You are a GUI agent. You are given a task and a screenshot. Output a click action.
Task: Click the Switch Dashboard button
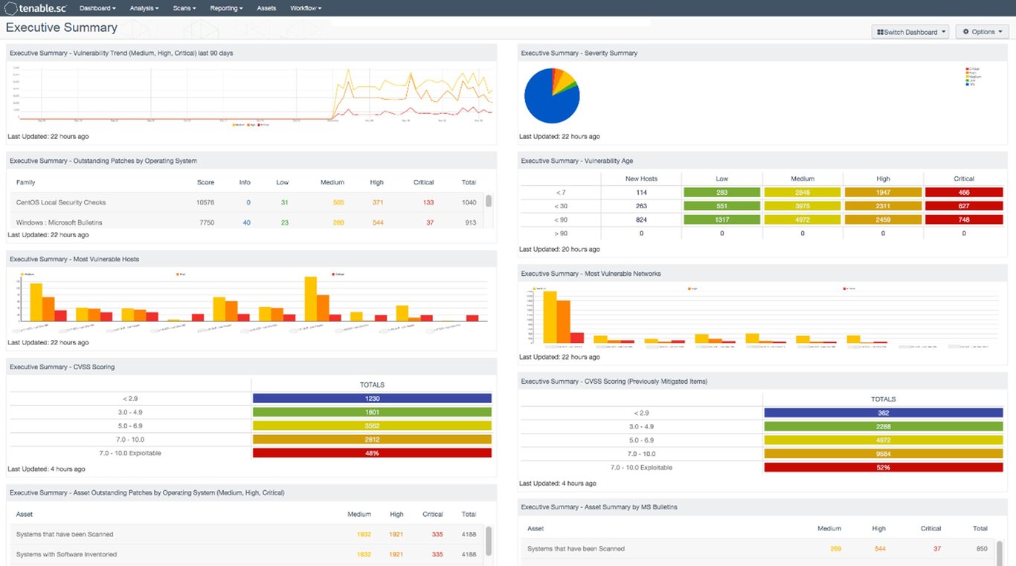(x=910, y=32)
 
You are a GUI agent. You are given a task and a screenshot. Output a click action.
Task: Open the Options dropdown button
(x=983, y=32)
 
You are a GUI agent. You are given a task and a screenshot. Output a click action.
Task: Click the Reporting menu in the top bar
(x=226, y=8)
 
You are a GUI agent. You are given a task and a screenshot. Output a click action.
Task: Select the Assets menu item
(x=266, y=8)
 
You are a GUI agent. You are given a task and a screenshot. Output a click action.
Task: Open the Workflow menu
(x=306, y=8)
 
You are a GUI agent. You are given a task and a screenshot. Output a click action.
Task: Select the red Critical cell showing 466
(x=964, y=193)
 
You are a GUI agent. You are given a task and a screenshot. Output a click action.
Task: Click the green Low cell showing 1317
(x=721, y=220)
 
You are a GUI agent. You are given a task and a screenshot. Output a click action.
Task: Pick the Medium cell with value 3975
(x=803, y=207)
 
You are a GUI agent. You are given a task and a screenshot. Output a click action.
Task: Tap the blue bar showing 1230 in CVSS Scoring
(x=372, y=399)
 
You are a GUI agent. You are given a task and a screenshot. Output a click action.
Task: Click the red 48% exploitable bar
(x=372, y=453)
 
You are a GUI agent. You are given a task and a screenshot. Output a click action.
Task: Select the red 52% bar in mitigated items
(x=884, y=468)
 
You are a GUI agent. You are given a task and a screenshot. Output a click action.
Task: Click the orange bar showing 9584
(x=884, y=454)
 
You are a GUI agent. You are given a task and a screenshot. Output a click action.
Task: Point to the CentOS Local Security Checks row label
(x=61, y=202)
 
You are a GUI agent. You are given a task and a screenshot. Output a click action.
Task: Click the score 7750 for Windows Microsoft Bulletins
(x=205, y=222)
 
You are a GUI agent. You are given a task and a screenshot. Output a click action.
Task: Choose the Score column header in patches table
(x=205, y=182)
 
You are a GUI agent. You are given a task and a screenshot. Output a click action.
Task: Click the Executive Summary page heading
(x=62, y=28)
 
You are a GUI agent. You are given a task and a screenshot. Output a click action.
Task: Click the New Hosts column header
(x=641, y=179)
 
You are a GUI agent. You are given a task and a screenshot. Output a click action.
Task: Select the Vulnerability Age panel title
(x=577, y=161)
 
